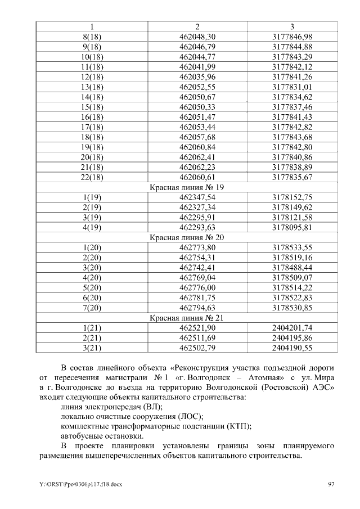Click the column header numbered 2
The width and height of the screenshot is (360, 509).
[x=197, y=27]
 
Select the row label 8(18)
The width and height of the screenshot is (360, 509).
[x=92, y=37]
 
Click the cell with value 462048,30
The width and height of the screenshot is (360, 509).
[x=197, y=37]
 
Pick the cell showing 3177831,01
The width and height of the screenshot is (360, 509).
[x=292, y=87]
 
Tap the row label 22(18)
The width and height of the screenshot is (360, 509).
[x=92, y=177]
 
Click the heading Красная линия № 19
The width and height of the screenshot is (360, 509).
[x=187, y=187]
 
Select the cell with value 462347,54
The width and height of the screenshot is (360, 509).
[x=197, y=197]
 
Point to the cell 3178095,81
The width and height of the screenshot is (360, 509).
[x=292, y=227]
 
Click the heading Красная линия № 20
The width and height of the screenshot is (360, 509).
[x=187, y=237]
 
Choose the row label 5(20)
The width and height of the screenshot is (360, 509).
[x=92, y=287]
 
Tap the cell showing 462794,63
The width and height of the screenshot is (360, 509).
[x=197, y=308]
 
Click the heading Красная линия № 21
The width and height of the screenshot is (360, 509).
[x=187, y=318]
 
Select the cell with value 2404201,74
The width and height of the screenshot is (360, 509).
[x=292, y=328]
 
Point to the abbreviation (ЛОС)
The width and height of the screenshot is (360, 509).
[x=189, y=417]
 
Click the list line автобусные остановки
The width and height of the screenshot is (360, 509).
[x=101, y=436]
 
